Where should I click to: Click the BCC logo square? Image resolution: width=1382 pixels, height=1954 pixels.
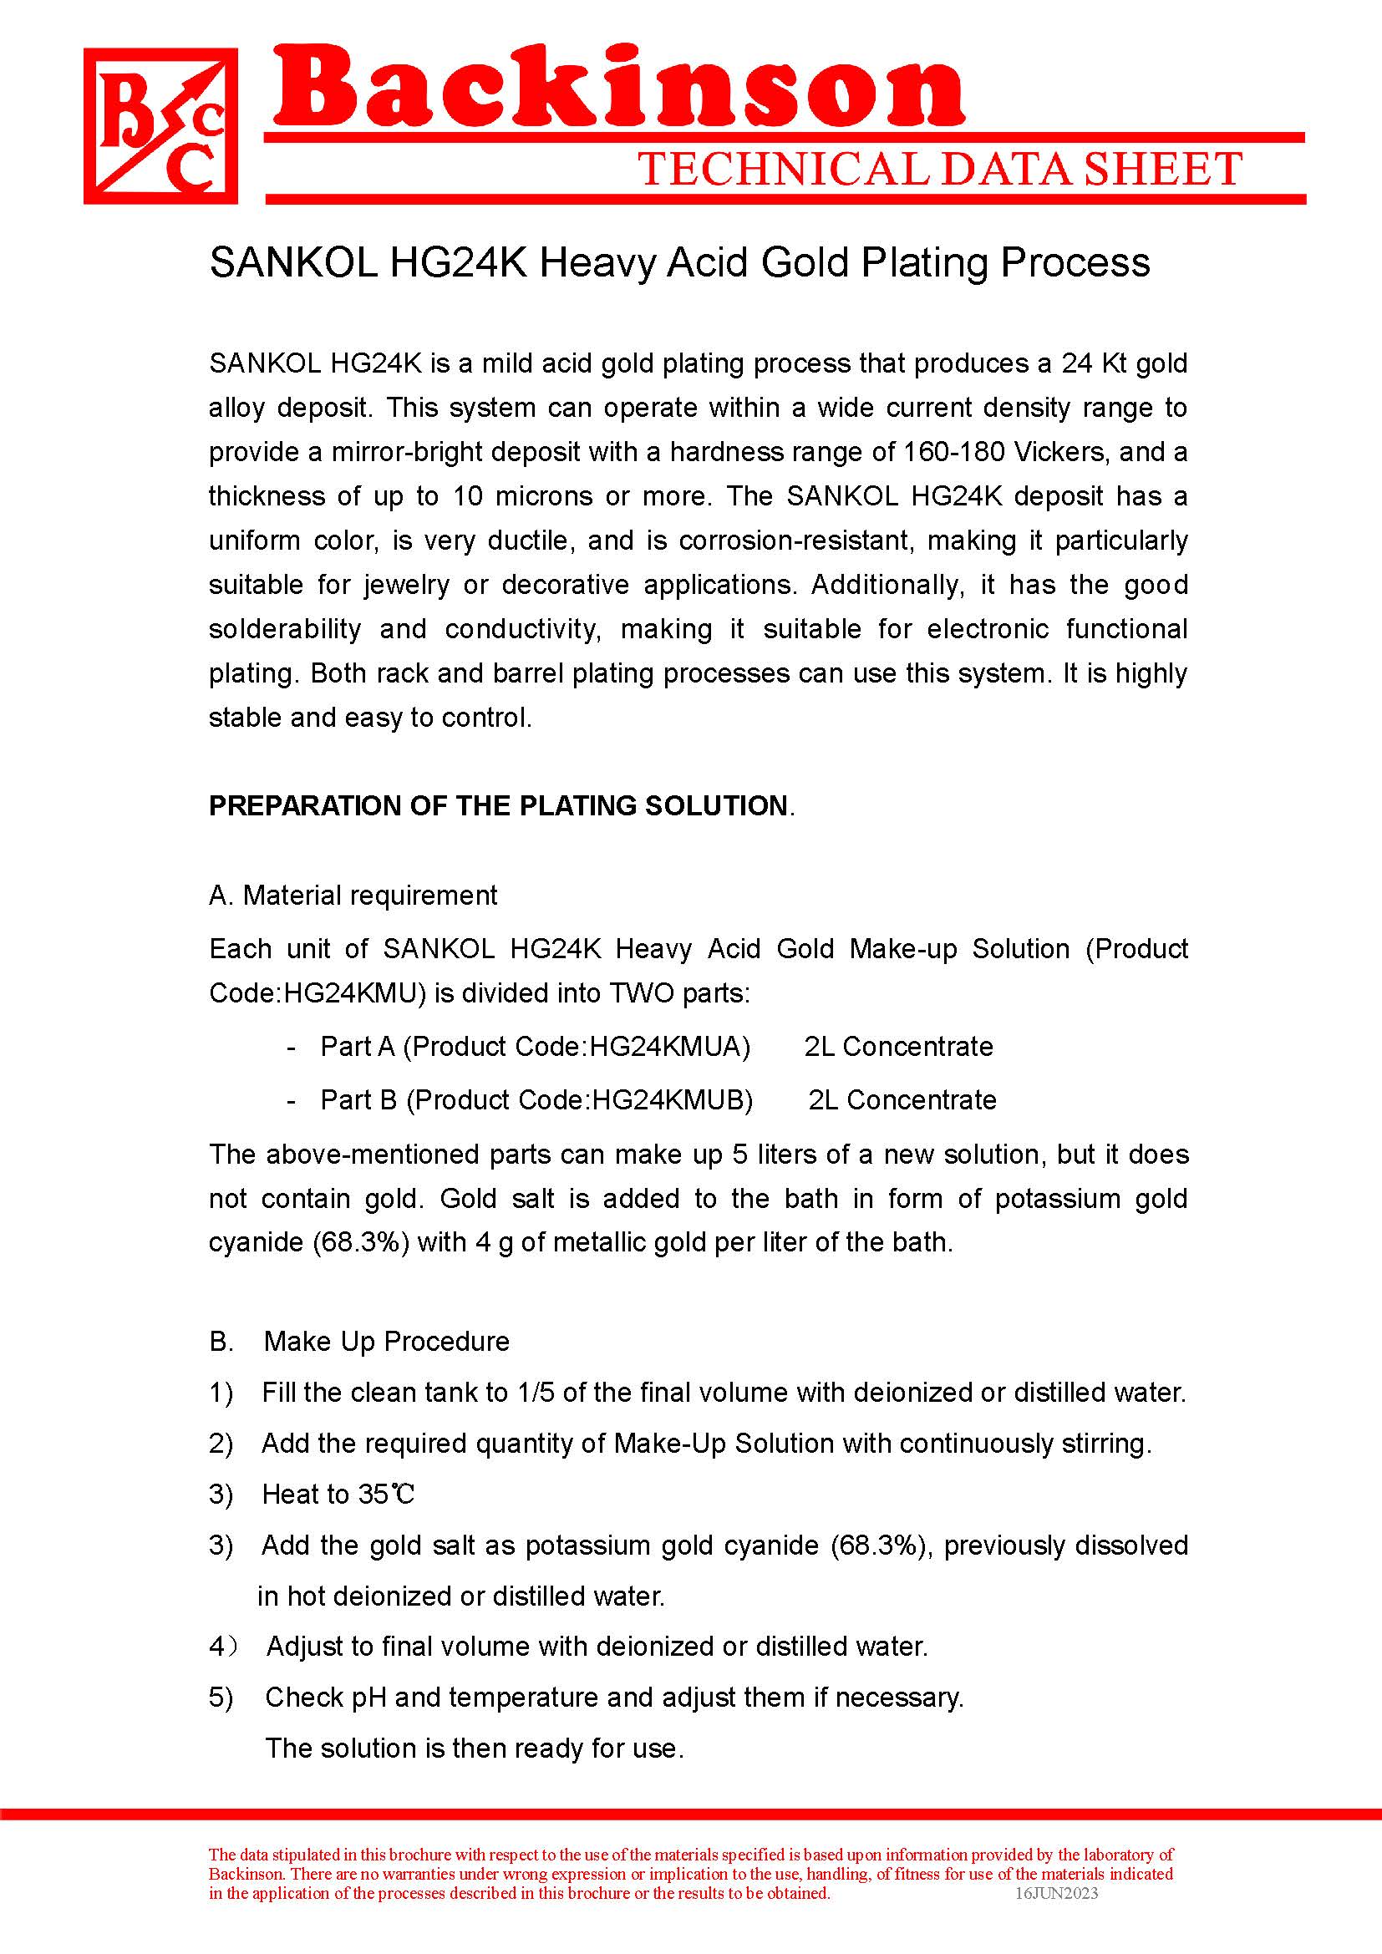[x=160, y=126]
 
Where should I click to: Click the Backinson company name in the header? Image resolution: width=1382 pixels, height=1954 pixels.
[x=618, y=89]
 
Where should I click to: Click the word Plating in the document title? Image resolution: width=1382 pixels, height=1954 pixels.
[x=926, y=262]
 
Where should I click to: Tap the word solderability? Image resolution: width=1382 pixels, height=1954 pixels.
[x=285, y=629]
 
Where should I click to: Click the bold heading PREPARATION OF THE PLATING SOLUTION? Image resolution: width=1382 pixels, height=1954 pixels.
[x=498, y=805]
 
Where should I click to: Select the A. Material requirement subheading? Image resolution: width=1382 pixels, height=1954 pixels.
[x=353, y=896]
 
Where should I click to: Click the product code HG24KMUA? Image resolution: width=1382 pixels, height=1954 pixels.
[x=670, y=1046]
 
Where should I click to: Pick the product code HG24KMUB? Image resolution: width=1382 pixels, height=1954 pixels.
[x=673, y=1099]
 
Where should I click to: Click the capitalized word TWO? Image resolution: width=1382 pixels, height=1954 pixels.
[x=637, y=993]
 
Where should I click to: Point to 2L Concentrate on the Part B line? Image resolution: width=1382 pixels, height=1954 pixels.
[x=902, y=1099]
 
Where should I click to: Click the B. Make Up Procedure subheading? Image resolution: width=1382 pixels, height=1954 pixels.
[x=359, y=1342]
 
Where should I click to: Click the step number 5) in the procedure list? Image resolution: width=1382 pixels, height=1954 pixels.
[x=221, y=1697]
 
